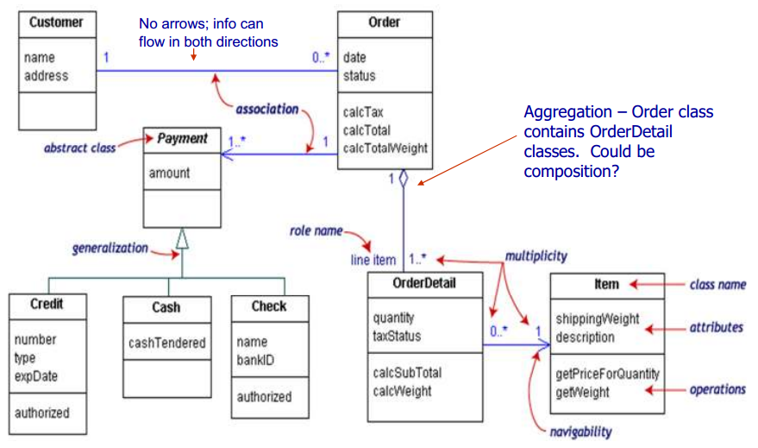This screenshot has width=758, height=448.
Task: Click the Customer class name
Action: pos(56,22)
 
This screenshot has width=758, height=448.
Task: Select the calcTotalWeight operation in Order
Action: pos(385,148)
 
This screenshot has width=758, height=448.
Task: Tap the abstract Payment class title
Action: pos(183,138)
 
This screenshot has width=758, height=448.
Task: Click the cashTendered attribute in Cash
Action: pos(167,343)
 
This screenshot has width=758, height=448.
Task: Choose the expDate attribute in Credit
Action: pos(35,377)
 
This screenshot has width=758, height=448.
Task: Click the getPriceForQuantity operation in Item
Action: pos(607,374)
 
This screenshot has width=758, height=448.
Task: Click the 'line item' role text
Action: pos(373,259)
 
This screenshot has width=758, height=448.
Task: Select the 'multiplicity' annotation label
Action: pos(537,256)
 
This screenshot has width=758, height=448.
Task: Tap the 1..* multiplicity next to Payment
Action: pos(236,140)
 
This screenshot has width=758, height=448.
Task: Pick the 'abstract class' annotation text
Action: pos(79,148)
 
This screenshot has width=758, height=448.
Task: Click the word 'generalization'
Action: pos(110,248)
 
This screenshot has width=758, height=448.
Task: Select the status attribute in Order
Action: pos(359,75)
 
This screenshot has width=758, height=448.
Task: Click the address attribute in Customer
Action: pos(47,75)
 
